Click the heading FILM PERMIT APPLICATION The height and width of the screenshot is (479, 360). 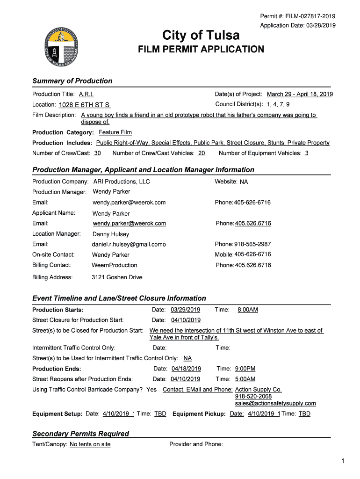201,49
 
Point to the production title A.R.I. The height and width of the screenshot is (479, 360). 86,94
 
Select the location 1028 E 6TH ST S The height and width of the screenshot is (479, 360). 85,105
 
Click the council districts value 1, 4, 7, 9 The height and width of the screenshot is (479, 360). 278,104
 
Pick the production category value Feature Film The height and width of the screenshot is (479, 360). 115,132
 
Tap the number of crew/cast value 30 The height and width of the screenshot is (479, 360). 97,153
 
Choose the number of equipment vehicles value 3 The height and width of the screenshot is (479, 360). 306,153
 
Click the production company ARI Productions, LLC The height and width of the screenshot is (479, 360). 122,181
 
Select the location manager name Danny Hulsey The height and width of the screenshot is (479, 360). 111,234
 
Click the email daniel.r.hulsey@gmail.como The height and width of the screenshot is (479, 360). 129,244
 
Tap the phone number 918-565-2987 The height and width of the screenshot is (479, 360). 252,244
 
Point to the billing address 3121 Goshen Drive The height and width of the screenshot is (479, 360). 117,277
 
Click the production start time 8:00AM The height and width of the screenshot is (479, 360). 248,310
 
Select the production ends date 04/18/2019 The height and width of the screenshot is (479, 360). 186,369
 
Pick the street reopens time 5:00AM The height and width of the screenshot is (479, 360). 245,379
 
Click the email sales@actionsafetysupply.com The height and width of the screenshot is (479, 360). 275,403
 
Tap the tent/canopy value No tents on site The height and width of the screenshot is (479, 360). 90,444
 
